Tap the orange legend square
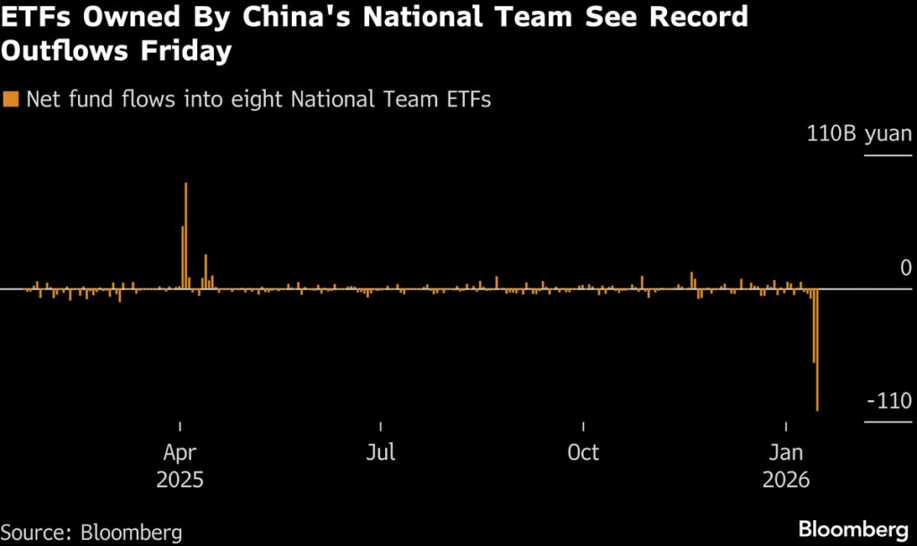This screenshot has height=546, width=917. tap(11, 100)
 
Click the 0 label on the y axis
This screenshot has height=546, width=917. tap(905, 269)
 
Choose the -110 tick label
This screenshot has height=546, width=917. tap(888, 401)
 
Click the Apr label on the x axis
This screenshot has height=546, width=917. tap(180, 452)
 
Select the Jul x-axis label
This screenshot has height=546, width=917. tap(381, 452)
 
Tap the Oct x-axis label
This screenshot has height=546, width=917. tap(583, 452)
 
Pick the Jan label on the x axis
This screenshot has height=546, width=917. tap(785, 452)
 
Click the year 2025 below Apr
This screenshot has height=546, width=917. tap(180, 479)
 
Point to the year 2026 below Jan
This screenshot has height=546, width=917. tap(785, 479)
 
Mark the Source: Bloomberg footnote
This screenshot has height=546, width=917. tap(91, 533)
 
